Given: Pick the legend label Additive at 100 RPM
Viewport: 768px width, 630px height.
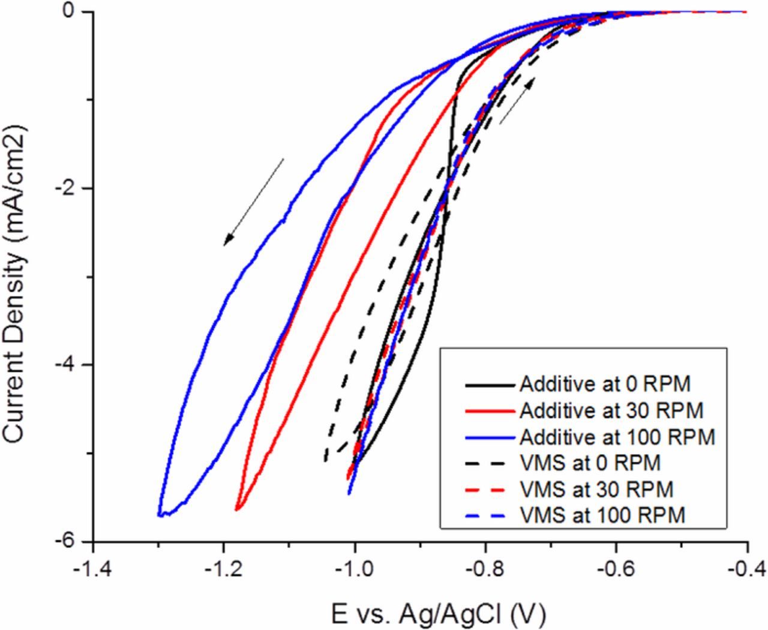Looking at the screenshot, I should (x=617, y=437).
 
